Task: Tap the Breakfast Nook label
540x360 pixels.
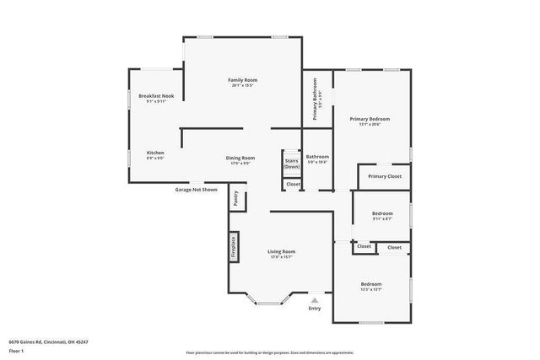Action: click(x=156, y=96)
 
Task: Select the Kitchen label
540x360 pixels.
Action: click(x=155, y=153)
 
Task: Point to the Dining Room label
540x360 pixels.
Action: click(x=240, y=158)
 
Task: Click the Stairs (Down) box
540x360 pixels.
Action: click(x=291, y=164)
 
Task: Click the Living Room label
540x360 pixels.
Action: click(x=282, y=252)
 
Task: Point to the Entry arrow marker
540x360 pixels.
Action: click(x=315, y=299)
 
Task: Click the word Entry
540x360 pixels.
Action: click(x=315, y=309)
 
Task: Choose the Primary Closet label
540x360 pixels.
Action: click(x=385, y=176)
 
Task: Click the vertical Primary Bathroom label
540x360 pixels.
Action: click(x=315, y=99)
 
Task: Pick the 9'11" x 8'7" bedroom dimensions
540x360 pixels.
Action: click(x=382, y=219)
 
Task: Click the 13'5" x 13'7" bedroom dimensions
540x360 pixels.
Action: click(x=371, y=289)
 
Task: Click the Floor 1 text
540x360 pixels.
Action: click(x=16, y=350)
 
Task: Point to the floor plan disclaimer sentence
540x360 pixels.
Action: click(x=270, y=353)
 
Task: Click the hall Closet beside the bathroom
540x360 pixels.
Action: click(x=293, y=184)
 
